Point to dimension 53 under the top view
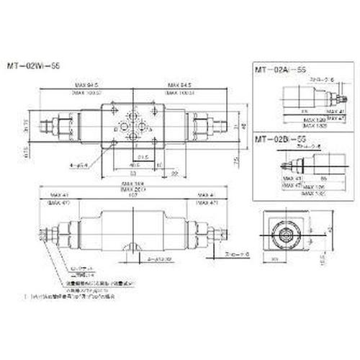click(135, 173)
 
